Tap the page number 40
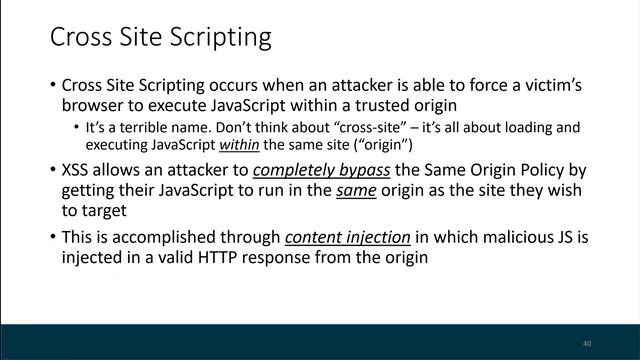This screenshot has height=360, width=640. point(587,343)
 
